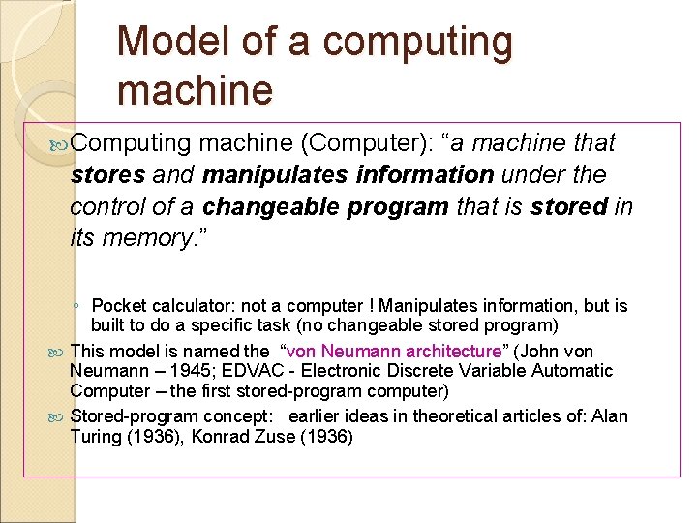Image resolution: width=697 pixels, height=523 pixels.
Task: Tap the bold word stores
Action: [106, 175]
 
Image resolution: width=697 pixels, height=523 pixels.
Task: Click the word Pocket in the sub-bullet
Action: [120, 306]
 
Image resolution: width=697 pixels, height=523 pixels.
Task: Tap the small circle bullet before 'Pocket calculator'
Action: [76, 307]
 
